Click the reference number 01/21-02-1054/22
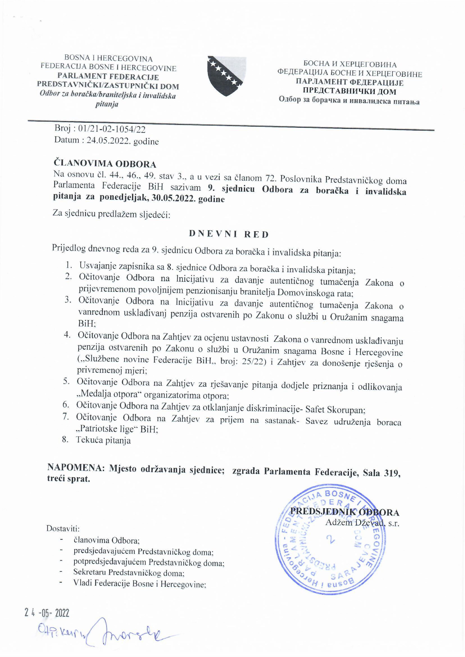112,129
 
